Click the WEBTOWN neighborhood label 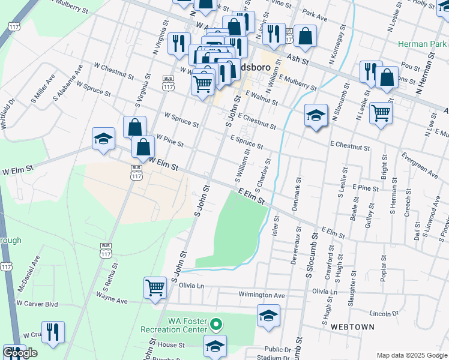coord(352,327)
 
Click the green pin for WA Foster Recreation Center coord(215,325)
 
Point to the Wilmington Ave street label coord(262,295)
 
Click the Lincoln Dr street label coord(384,314)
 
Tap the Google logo coord(19,353)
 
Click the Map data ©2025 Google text coord(411,355)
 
